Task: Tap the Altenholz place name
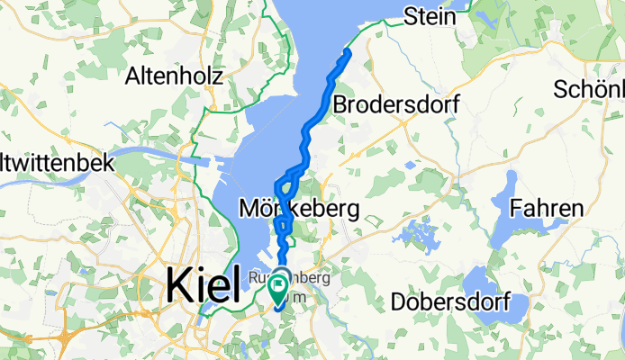(x=176, y=75)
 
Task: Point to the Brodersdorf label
(x=396, y=105)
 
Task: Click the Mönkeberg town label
(x=299, y=210)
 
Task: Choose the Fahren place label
(x=546, y=209)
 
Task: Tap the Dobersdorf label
(x=450, y=301)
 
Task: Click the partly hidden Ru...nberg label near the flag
(x=288, y=277)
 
